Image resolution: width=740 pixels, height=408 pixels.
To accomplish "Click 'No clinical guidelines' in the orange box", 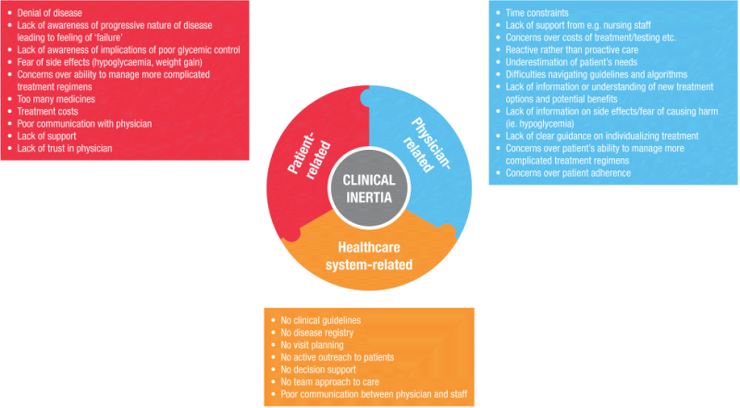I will (320, 320).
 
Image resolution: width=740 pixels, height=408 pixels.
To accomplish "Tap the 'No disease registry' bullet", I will (315, 332).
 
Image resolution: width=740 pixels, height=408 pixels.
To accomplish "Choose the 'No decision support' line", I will (319, 369).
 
